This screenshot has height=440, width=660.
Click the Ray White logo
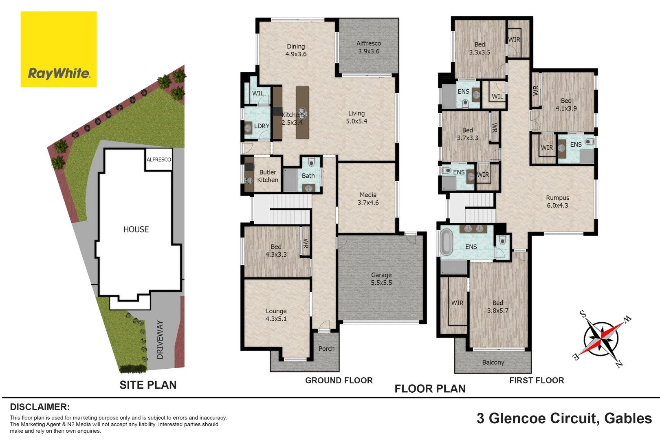59,49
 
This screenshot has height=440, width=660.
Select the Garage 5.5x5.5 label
381,279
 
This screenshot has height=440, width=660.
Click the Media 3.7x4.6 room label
368,199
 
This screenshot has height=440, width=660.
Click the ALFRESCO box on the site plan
159,160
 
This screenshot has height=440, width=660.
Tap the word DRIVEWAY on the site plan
160,339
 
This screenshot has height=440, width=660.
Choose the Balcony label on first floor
493,362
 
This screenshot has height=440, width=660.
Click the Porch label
326,349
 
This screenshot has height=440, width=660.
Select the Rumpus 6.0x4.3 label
557,202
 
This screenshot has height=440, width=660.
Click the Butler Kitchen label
268,176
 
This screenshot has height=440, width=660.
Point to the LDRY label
262,126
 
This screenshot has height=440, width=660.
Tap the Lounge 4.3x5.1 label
276,315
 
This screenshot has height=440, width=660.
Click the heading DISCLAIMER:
40,407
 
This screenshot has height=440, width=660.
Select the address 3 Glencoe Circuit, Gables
564,418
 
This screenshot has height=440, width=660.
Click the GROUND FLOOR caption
339,381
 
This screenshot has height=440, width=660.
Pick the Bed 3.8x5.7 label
497,307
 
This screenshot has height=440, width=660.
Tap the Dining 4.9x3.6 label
296,50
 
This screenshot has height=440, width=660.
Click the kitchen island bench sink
303,111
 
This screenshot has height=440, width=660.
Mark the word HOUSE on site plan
136,229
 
